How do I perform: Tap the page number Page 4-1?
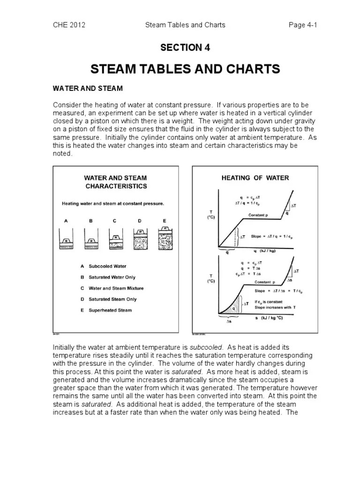[x=303, y=25]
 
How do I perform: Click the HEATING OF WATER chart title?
[x=255, y=178]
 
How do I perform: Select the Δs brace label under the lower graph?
[x=229, y=322]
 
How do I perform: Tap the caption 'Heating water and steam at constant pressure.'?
[x=113, y=204]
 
